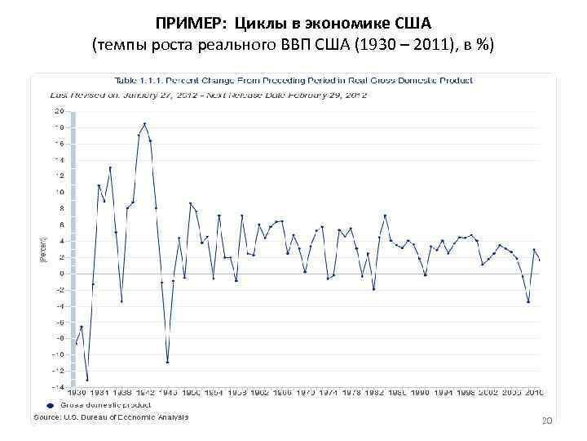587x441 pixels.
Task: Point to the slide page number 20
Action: pyautogui.click(x=547, y=421)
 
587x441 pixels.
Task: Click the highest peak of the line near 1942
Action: pyautogui.click(x=144, y=124)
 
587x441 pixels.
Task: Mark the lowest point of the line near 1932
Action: pyautogui.click(x=87, y=380)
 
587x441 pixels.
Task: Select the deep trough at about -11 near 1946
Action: pyautogui.click(x=167, y=362)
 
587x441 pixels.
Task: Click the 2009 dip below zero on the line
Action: pyautogui.click(x=528, y=301)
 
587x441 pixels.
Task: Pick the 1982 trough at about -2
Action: pyautogui.click(x=373, y=289)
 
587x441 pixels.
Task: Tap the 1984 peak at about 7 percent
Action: pyautogui.click(x=385, y=216)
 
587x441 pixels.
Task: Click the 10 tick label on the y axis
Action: pyautogui.click(x=60, y=192)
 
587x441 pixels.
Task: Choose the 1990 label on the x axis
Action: pyautogui.click(x=420, y=392)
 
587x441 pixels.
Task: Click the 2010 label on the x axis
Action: pyautogui.click(x=534, y=392)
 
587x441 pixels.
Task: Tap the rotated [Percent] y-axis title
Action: pyautogui.click(x=44, y=249)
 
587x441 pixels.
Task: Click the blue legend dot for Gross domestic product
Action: pyautogui.click(x=50, y=405)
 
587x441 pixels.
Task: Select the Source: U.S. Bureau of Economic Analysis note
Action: pyautogui.click(x=110, y=417)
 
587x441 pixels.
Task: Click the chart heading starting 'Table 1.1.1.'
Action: pyautogui.click(x=293, y=80)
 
